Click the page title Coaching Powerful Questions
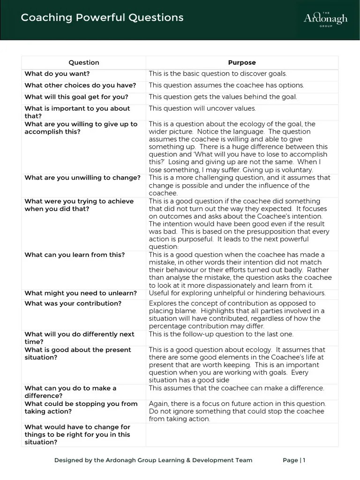tap(102, 18)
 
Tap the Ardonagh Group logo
tap(325, 19)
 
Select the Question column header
tap(84, 62)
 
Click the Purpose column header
tap(242, 62)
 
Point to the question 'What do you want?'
tap(57, 74)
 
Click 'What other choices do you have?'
tap(80, 85)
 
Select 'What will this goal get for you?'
tap(76, 97)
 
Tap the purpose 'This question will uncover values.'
tap(202, 108)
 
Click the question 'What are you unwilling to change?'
tap(82, 178)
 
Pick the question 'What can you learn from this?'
tap(75, 255)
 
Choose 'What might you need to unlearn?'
tap(81, 293)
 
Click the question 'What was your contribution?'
tap(73, 304)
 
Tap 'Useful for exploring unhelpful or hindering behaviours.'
tap(237, 293)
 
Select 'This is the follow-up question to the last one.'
tap(221, 334)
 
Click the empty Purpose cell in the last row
tap(242, 435)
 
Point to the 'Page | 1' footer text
tap(294, 460)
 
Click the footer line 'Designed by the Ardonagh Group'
tap(153, 460)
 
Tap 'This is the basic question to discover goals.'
tap(217, 74)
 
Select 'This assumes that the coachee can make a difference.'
tap(236, 388)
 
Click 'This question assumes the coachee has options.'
tap(226, 85)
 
